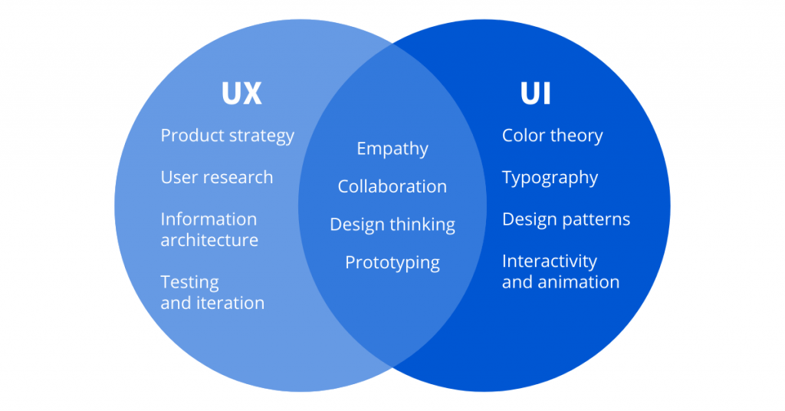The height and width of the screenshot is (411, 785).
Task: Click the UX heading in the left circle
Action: coord(241,94)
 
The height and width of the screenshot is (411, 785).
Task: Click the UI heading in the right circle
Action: coord(535,94)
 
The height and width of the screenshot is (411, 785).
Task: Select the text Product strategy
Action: coord(227,136)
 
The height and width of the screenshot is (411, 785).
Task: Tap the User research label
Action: coord(216,177)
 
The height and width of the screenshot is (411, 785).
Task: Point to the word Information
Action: coord(209,219)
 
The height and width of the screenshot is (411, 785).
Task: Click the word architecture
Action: coord(209,240)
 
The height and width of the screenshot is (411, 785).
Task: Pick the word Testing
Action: coord(189,282)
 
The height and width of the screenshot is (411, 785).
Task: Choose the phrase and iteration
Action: coord(212,303)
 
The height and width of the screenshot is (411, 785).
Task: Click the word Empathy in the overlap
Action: coord(392,149)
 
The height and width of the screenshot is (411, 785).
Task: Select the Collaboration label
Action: coord(392,186)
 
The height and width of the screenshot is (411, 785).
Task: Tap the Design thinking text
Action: coord(392,225)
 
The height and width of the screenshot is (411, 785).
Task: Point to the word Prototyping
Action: coord(392,263)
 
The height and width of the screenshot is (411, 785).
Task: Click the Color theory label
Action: coord(552,136)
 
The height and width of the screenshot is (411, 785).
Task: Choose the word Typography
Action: coord(550,178)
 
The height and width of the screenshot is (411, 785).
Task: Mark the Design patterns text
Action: coord(566,219)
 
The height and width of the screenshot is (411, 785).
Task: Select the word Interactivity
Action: coord(549,261)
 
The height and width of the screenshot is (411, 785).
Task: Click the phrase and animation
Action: coord(560,282)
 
